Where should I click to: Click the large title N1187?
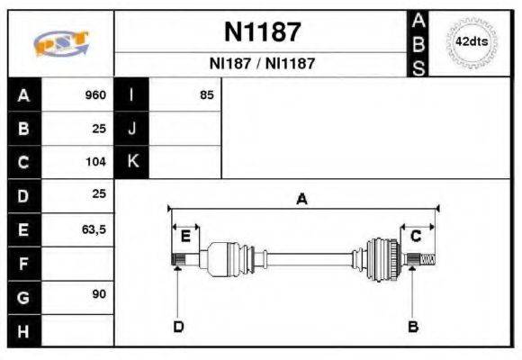coord(261,32)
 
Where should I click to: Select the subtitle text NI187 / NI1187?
coord(262,65)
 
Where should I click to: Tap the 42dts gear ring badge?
coord(471,43)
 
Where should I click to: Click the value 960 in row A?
coord(95,95)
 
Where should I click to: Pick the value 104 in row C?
coord(95,163)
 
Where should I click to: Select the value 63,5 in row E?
coord(94,230)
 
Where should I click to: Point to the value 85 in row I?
coord(206,95)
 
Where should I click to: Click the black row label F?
coord(23,264)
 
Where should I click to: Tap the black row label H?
coord(23,330)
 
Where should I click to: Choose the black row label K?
coord(132,162)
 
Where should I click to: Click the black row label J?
coord(132,129)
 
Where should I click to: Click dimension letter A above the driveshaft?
coord(301,200)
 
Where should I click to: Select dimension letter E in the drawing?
coord(185,237)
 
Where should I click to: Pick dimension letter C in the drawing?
coord(416,237)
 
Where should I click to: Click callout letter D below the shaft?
coord(177,326)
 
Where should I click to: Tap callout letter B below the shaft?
coord(413,326)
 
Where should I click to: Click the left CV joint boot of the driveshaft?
coord(225,259)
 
